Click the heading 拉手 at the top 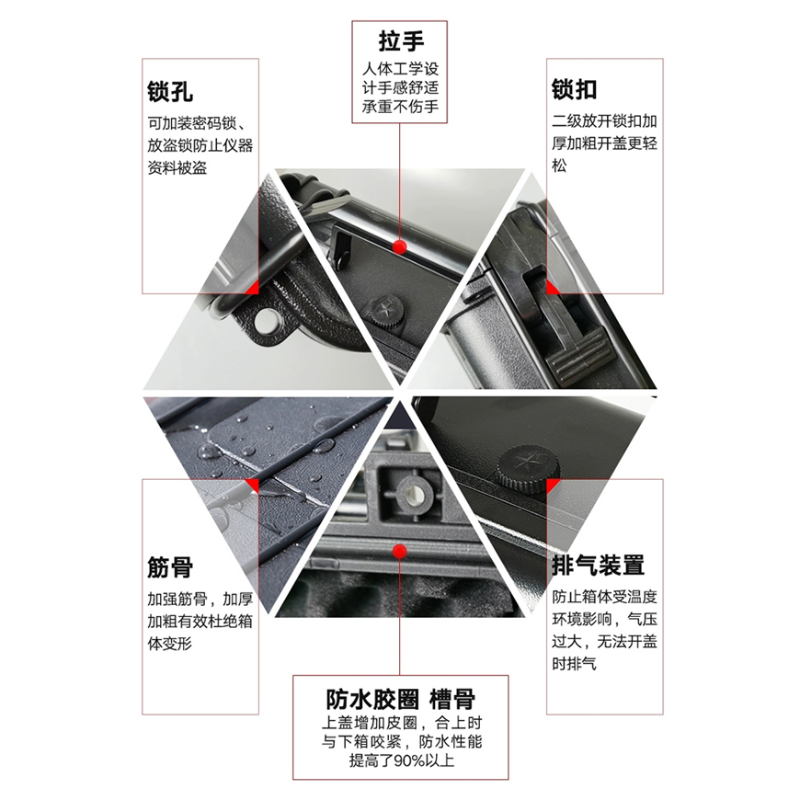coord(401,40)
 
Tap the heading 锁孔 coord(170,92)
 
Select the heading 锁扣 coord(575,89)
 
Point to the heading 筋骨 coord(170,567)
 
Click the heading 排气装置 coord(598,566)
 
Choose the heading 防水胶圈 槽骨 coord(401,700)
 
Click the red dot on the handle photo coord(399,247)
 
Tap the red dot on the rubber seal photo coord(399,551)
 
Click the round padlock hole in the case coord(266,321)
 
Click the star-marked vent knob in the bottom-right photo coord(524,467)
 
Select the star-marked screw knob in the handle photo coord(384,309)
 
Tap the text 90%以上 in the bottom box coord(424,760)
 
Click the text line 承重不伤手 coord(401,107)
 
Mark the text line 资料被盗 coord(177,168)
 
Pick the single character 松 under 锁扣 coord(559,166)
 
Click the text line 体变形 coord(170,644)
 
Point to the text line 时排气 coord(574,663)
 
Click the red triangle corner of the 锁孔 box coord(252,288)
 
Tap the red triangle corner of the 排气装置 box coord(553,486)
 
